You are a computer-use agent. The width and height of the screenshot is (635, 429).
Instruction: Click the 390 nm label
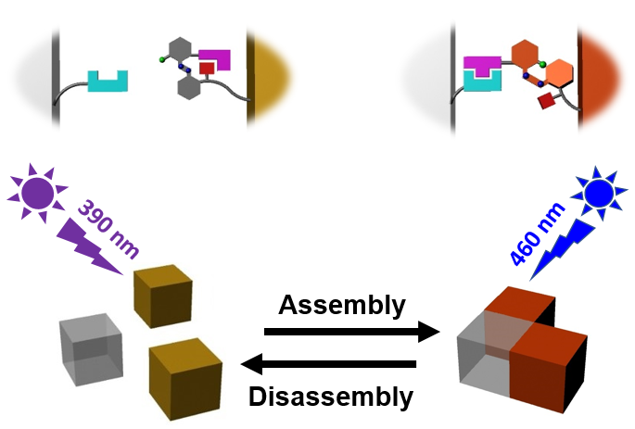(x=109, y=228)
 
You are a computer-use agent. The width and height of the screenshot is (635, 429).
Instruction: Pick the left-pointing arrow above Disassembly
(x=331, y=368)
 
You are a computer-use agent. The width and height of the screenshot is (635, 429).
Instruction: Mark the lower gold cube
(x=185, y=376)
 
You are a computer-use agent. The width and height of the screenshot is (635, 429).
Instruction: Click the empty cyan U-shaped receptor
(x=108, y=81)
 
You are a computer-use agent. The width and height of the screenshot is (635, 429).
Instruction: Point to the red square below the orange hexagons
(x=544, y=100)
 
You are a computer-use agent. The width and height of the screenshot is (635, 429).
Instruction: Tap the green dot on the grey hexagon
(x=162, y=60)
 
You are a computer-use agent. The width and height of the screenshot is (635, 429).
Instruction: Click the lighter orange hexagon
(x=560, y=72)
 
